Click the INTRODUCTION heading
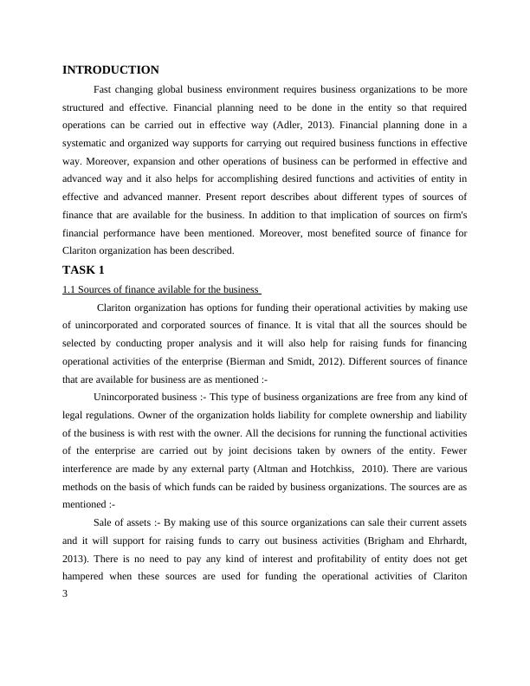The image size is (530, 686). tap(111, 70)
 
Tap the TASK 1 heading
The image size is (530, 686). tap(84, 269)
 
